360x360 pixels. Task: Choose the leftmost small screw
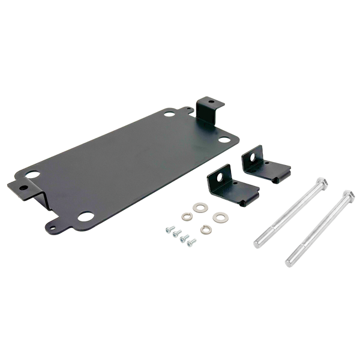pyautogui.click(x=169, y=229)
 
